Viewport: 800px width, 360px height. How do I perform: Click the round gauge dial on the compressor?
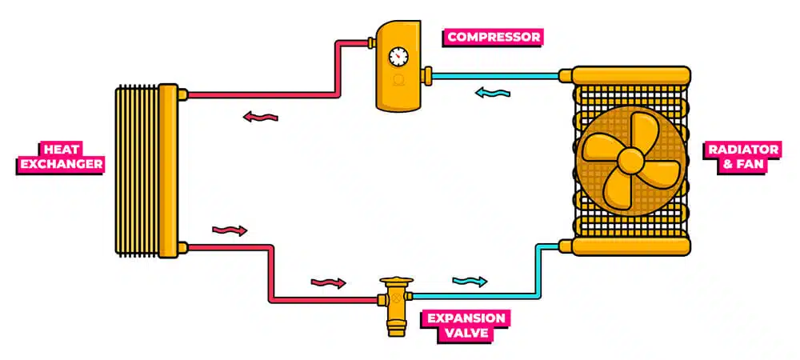click(x=398, y=57)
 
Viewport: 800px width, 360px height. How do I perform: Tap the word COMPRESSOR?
click(x=494, y=37)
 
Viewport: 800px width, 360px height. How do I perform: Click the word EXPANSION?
click(x=466, y=318)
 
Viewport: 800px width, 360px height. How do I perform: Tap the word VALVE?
click(x=466, y=333)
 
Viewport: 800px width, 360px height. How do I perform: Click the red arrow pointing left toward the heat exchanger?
click(x=260, y=118)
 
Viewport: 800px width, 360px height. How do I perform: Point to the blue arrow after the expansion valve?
click(x=470, y=281)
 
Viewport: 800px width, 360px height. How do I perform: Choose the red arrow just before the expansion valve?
click(x=328, y=282)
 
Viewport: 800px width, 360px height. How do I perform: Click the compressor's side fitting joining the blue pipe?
click(x=428, y=76)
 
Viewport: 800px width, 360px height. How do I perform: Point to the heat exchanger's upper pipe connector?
click(x=182, y=95)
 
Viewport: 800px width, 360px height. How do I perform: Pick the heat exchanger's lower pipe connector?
click(x=182, y=246)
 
